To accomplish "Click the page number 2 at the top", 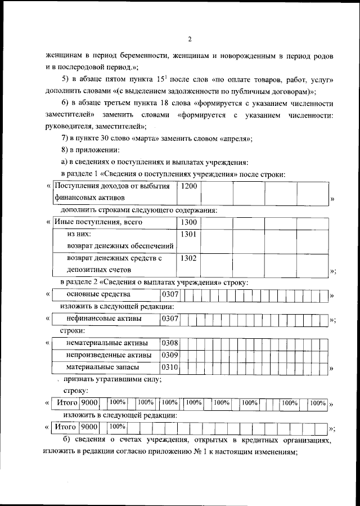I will (190, 39).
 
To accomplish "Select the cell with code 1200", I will (189, 186).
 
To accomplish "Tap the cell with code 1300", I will (189, 222).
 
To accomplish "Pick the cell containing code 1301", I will (189, 234).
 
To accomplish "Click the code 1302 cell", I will (189, 258).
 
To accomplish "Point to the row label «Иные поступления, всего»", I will (98, 222).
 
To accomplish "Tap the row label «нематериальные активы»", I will (107, 343).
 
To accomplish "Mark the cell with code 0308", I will (170, 343).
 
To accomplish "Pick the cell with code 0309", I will (170, 355).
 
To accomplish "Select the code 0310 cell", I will (170, 367).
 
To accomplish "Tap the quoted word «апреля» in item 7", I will (231, 139).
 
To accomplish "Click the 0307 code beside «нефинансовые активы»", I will (170, 319).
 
